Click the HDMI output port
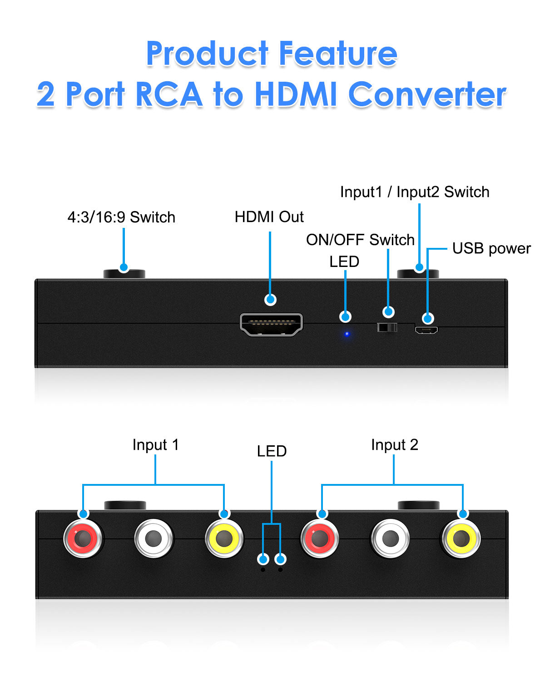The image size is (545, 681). click(271, 325)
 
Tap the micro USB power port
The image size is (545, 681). click(426, 330)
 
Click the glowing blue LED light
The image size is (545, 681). click(347, 334)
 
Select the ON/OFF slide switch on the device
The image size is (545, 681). click(387, 327)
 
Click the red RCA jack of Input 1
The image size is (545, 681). click(83, 538)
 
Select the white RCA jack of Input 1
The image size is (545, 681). click(154, 538)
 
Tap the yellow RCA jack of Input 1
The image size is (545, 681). click(224, 538)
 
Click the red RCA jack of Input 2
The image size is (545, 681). click(320, 538)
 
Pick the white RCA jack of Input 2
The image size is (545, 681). click(390, 538)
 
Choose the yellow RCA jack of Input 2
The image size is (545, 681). click(461, 538)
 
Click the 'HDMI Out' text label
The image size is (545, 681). click(269, 217)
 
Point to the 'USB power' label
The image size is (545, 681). click(491, 248)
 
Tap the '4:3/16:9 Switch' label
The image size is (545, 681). click(121, 217)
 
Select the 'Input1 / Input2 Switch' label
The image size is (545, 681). click(415, 192)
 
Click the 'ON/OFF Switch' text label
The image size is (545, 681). click(360, 240)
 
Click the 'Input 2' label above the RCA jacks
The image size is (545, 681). click(394, 445)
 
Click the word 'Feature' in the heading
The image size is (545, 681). click(338, 54)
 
